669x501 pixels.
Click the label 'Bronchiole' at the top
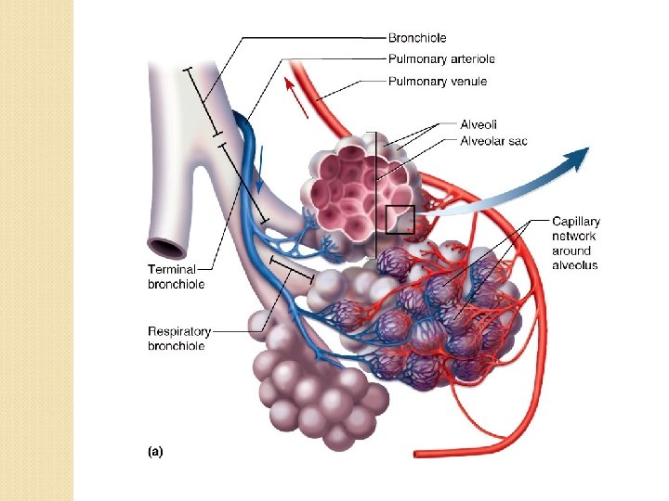(x=417, y=38)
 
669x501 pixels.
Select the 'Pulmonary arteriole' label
(x=440, y=59)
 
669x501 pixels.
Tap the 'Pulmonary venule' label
(x=437, y=82)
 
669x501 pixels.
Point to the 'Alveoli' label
(x=479, y=124)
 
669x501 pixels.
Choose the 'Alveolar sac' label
(x=493, y=141)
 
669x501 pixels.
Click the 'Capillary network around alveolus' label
(x=575, y=243)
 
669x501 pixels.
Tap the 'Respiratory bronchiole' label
(x=178, y=338)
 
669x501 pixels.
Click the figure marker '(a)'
(x=155, y=452)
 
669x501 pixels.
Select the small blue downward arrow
(x=261, y=167)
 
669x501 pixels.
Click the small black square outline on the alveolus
(x=400, y=219)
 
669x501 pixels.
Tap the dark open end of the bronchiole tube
(x=168, y=248)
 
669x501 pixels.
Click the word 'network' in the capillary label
(x=574, y=236)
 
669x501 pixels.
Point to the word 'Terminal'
(x=172, y=269)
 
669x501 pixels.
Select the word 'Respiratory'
(x=179, y=331)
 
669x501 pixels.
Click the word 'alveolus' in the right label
(x=575, y=265)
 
